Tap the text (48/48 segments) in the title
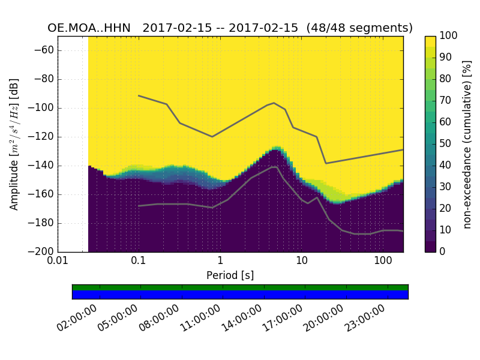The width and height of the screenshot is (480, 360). pyautogui.click(x=359, y=28)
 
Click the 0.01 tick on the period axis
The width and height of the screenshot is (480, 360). pyautogui.click(x=58, y=262)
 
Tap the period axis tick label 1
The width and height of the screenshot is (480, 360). pyautogui.click(x=220, y=262)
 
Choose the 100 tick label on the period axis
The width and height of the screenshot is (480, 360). pyautogui.click(x=383, y=262)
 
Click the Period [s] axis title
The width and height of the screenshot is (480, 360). pyautogui.click(x=230, y=275)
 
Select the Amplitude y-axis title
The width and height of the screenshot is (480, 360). pyautogui.click(x=14, y=144)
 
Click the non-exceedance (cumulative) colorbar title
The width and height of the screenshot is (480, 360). pyautogui.click(x=468, y=144)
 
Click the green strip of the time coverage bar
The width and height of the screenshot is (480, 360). pyautogui.click(x=240, y=287)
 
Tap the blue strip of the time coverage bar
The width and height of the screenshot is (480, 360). pyautogui.click(x=240, y=295)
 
